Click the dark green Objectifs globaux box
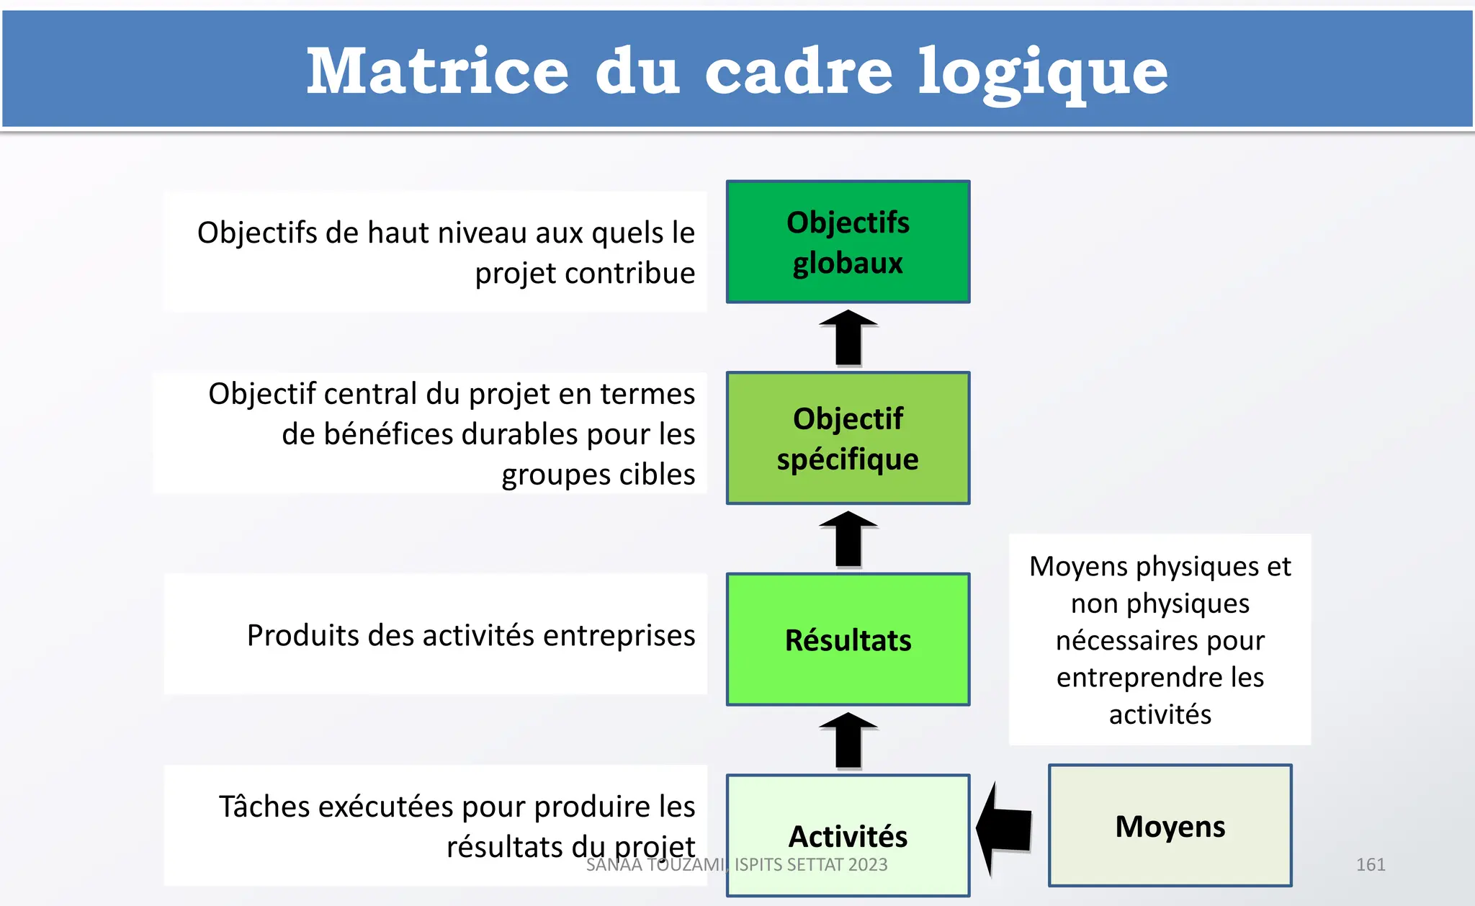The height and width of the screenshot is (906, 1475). pos(848,242)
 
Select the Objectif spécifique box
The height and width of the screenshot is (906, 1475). pos(848,438)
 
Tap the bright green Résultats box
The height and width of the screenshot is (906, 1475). pos(848,640)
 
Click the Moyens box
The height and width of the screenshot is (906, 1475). pos(1170,826)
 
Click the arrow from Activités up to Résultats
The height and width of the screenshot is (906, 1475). pos(848,741)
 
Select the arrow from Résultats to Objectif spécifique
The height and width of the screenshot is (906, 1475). pos(848,539)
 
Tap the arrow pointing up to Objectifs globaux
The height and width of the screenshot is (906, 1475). pos(848,338)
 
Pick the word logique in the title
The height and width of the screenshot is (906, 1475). pos(1042,72)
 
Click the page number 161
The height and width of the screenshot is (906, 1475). pos(1370,864)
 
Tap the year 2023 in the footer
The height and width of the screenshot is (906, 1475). pos(866,864)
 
